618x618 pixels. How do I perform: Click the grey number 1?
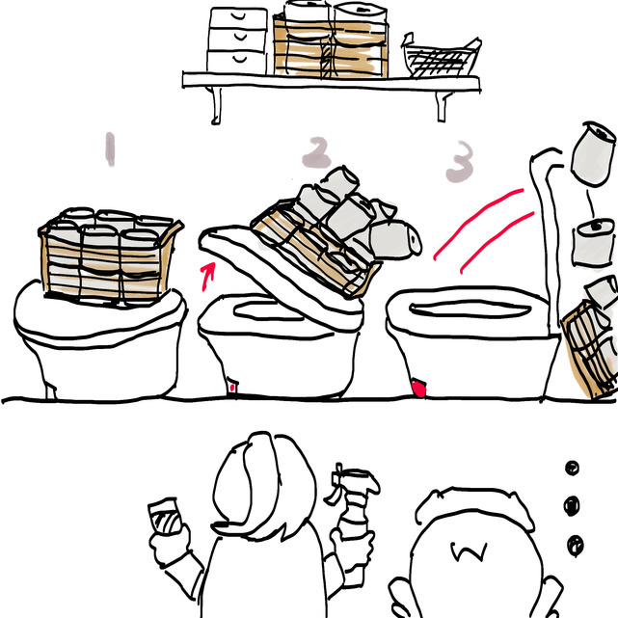(x=110, y=149)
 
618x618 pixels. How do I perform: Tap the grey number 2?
(x=316, y=153)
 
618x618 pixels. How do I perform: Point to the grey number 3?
(x=460, y=162)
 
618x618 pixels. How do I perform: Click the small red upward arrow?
(x=207, y=276)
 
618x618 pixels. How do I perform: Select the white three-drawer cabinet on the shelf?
(x=237, y=40)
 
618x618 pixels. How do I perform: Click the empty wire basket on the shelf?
(x=442, y=57)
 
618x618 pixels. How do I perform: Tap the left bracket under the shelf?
(x=215, y=106)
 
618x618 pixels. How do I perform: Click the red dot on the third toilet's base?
(x=418, y=389)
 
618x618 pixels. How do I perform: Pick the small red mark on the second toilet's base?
(x=232, y=388)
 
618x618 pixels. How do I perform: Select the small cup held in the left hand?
(x=165, y=517)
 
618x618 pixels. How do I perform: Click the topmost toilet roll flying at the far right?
(x=594, y=154)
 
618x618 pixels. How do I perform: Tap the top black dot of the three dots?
(x=572, y=469)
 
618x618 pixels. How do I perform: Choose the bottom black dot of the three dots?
(x=576, y=546)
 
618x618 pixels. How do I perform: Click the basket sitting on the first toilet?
(x=110, y=257)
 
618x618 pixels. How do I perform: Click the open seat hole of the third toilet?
(x=470, y=309)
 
